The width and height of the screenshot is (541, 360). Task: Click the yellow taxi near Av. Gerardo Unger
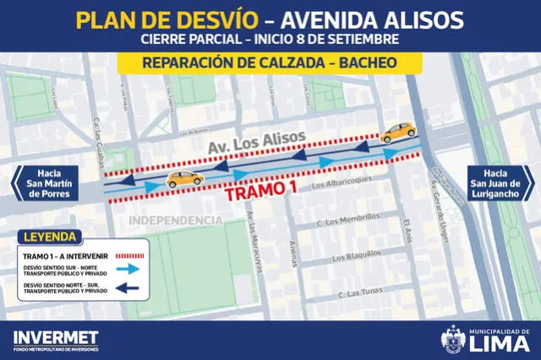point(398,131)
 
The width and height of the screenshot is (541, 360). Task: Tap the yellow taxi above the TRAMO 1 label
point(184,178)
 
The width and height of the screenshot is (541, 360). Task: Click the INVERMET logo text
point(55,337)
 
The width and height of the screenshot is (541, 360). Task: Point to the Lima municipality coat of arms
point(452,338)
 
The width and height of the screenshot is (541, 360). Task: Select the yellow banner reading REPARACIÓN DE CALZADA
point(270,63)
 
